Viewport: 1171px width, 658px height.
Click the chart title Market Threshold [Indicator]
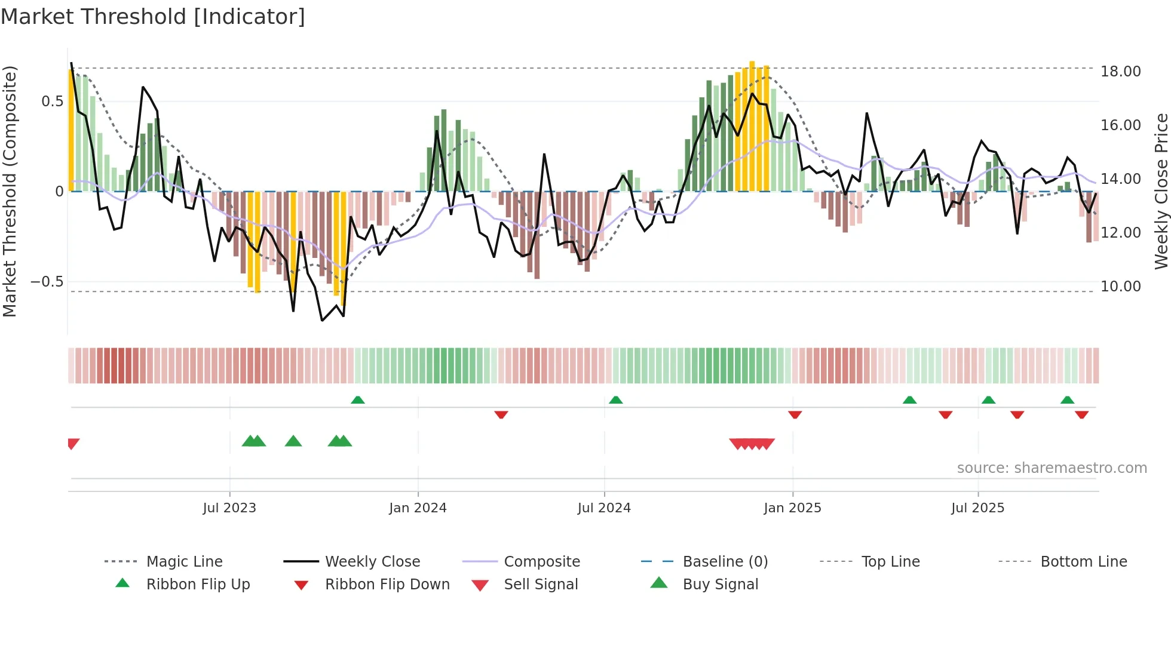click(153, 17)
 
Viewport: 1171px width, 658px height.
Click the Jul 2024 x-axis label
click(604, 508)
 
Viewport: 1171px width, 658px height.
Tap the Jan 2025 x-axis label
click(792, 508)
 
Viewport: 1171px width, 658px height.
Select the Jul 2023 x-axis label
click(229, 508)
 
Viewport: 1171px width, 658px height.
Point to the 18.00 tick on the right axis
click(1120, 71)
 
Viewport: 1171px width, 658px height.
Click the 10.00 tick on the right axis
click(1120, 286)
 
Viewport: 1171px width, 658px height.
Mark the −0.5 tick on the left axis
click(47, 281)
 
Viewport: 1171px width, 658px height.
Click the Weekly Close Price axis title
click(1161, 191)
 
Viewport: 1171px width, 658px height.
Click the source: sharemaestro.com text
click(1052, 468)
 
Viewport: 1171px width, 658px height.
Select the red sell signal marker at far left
click(73, 443)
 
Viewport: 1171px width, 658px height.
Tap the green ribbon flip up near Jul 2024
click(616, 399)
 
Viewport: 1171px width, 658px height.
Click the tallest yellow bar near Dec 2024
click(752, 125)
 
